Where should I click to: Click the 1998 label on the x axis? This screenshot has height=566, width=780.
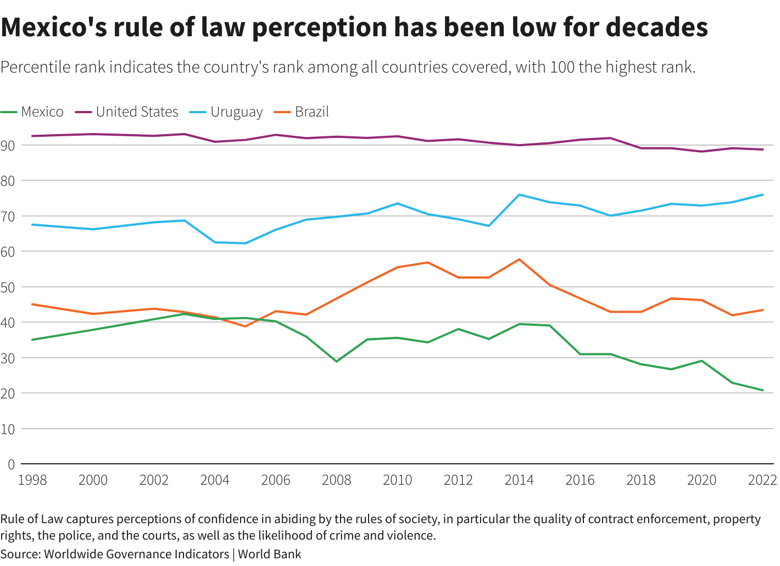(x=32, y=480)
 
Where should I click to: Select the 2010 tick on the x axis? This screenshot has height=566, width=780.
(x=397, y=480)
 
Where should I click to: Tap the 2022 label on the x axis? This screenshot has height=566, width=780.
(x=762, y=480)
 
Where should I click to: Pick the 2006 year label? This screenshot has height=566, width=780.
(x=276, y=480)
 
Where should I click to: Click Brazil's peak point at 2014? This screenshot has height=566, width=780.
(x=519, y=259)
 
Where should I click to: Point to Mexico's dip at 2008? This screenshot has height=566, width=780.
(x=337, y=361)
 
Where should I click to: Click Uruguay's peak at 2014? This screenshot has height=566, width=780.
(x=519, y=195)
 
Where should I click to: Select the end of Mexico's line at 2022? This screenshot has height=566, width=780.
(x=762, y=390)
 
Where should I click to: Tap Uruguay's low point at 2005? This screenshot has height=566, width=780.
(x=245, y=243)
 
